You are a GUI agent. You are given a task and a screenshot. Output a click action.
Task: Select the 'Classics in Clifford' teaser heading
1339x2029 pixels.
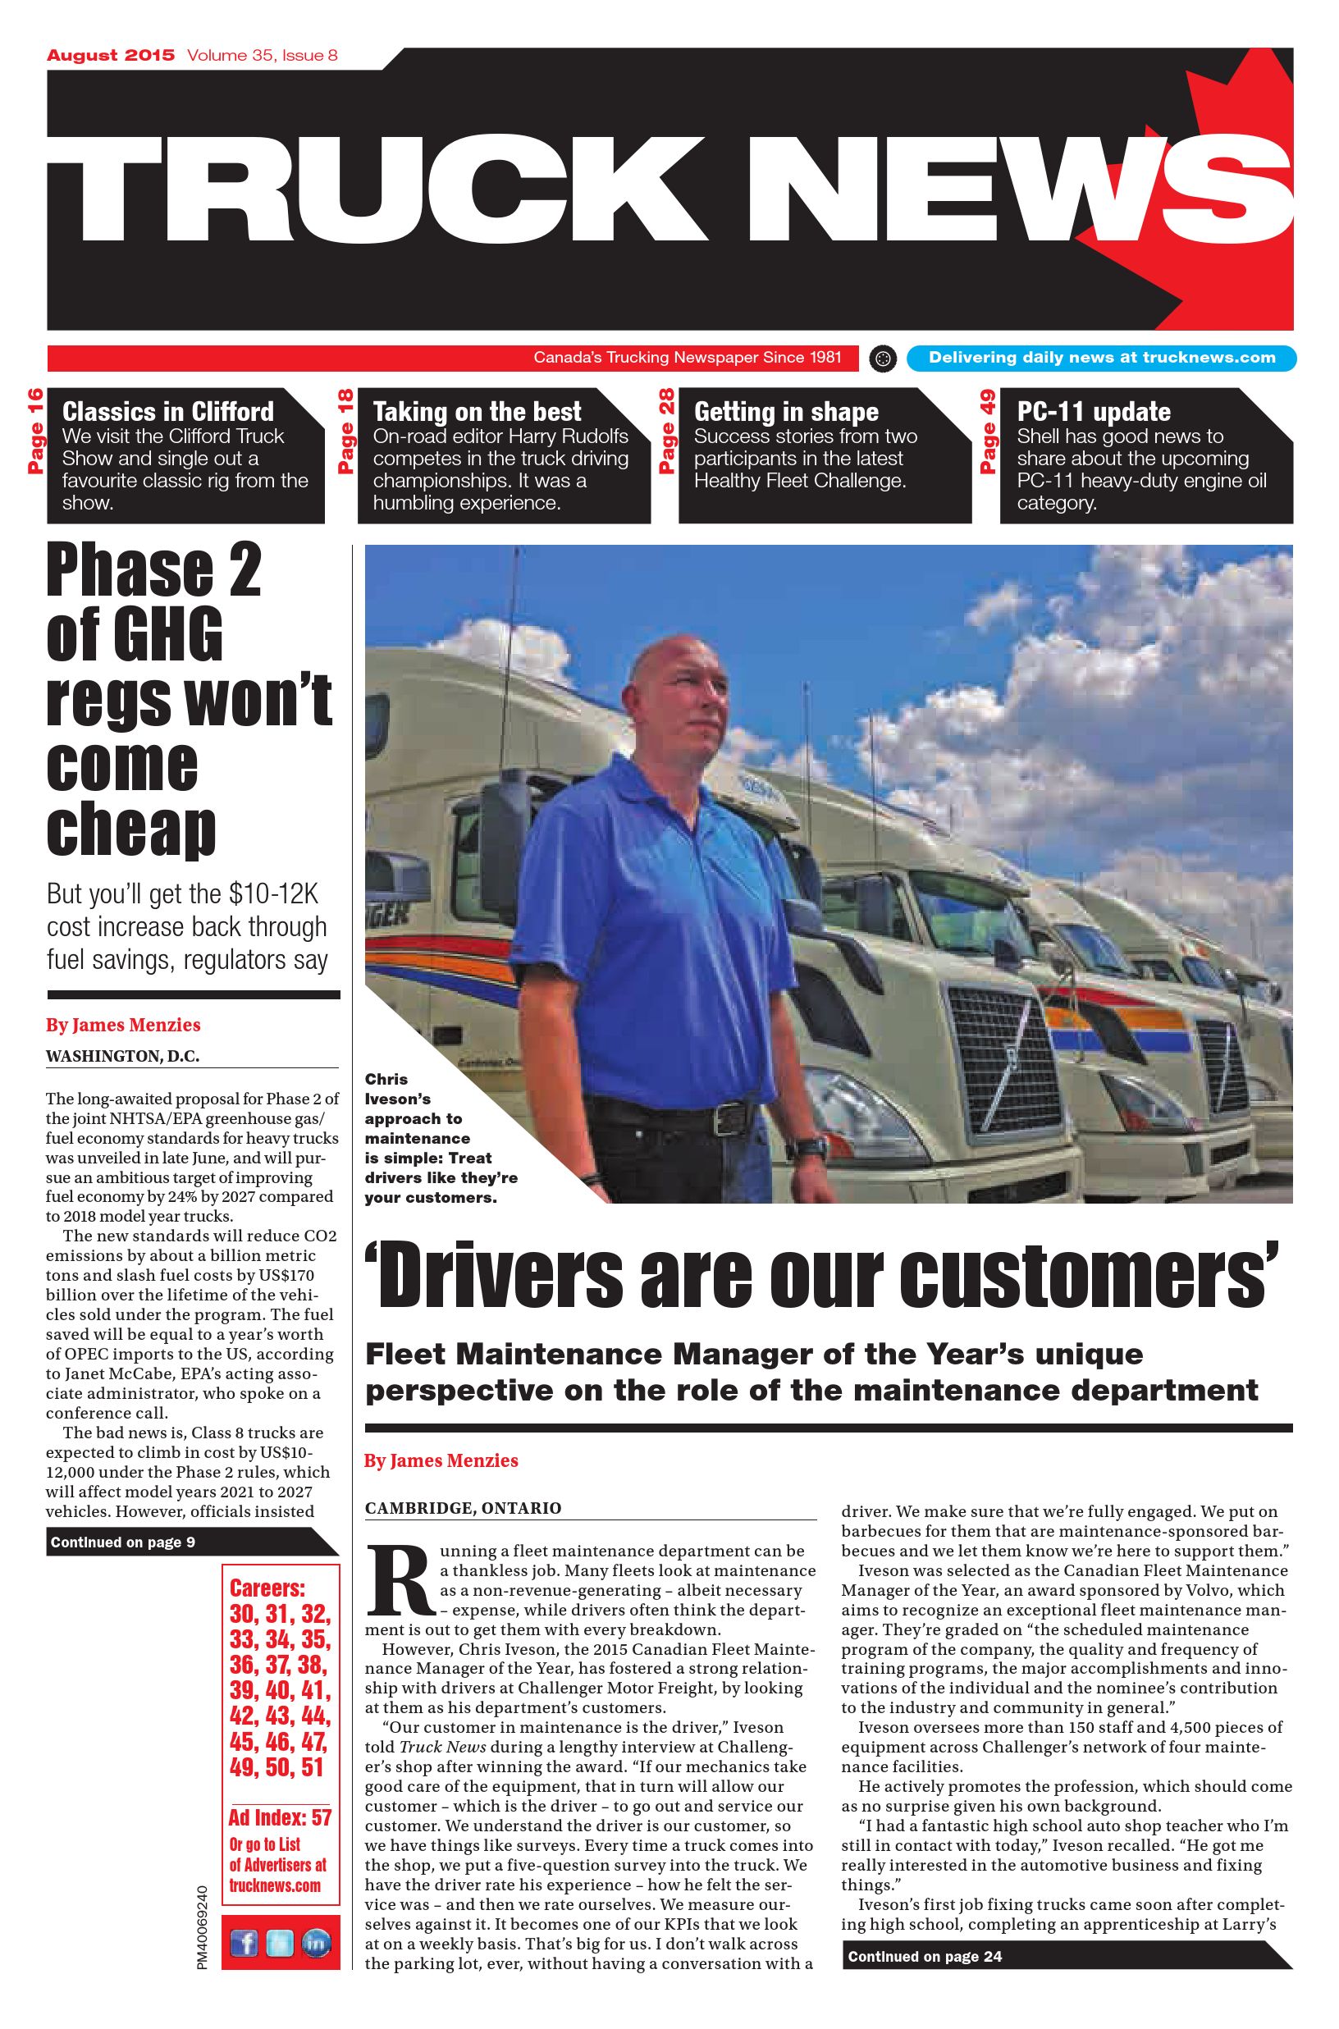(168, 412)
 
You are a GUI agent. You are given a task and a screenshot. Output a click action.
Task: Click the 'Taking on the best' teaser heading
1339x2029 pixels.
(477, 412)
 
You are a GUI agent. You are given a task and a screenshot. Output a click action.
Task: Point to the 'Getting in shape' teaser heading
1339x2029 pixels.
(786, 412)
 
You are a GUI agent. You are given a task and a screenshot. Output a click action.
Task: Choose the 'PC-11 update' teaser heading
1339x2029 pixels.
(1093, 412)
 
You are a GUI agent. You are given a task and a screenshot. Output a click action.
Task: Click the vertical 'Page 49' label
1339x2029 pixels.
(988, 432)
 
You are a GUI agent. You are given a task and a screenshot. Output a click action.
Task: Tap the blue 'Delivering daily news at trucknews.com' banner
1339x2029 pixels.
(1102, 358)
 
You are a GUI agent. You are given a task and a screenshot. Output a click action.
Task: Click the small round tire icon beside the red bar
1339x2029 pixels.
(884, 359)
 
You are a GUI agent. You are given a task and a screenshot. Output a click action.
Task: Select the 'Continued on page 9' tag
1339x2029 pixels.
(124, 1542)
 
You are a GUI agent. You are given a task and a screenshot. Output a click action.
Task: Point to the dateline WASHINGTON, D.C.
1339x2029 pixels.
(122, 1057)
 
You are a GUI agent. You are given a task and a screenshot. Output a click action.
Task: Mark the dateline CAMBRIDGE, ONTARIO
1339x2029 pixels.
(463, 1508)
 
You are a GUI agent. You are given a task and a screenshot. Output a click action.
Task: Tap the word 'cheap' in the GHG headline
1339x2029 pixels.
(130, 828)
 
